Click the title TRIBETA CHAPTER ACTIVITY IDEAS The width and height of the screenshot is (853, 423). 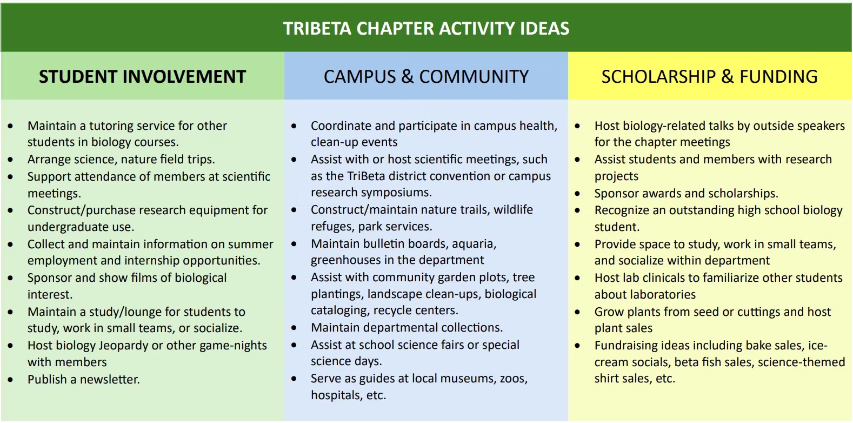426,28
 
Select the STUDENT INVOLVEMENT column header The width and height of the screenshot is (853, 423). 142,76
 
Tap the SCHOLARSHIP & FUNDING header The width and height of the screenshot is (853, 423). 709,76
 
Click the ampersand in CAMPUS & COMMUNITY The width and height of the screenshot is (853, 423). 407,76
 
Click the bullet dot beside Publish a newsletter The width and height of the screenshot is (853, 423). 10,380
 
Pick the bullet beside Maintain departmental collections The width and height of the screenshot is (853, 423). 294,328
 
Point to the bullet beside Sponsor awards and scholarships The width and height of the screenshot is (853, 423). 577,194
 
